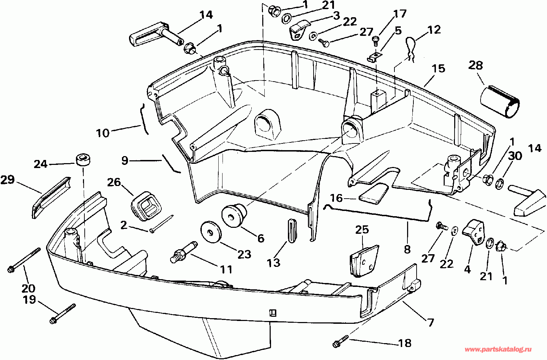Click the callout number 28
(x=476, y=65)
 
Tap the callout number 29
(x=8, y=180)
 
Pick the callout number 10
(x=103, y=133)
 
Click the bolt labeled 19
(x=63, y=314)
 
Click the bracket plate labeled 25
(x=364, y=261)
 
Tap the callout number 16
(x=336, y=198)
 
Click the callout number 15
(x=438, y=69)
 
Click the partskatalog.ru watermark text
(x=498, y=350)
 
